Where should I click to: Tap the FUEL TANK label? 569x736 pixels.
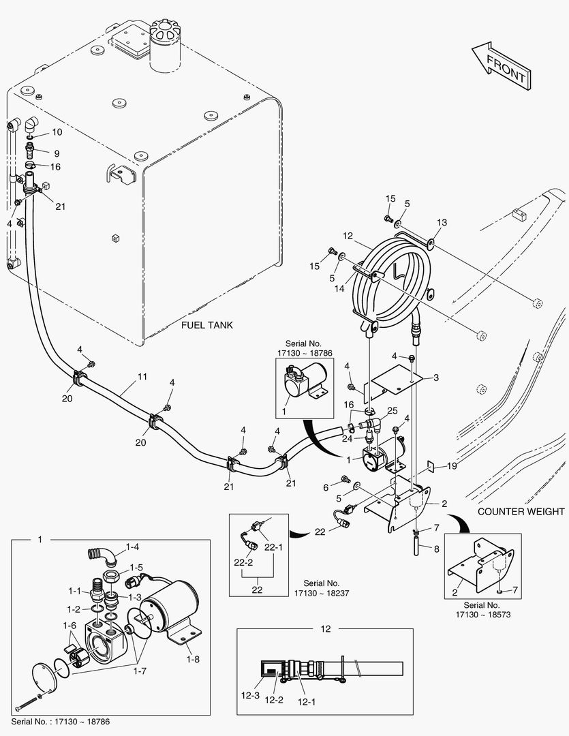point(206,325)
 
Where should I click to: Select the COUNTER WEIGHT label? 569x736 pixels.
point(521,511)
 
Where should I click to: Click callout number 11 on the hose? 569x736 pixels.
point(142,376)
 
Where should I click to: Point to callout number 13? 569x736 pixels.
point(442,223)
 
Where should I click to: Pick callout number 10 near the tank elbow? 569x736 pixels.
point(57,132)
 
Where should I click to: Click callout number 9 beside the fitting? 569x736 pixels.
point(57,153)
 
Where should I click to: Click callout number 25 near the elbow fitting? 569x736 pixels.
point(392,411)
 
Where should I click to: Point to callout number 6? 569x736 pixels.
point(326,487)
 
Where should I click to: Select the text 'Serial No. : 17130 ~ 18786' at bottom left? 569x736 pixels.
point(61,721)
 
